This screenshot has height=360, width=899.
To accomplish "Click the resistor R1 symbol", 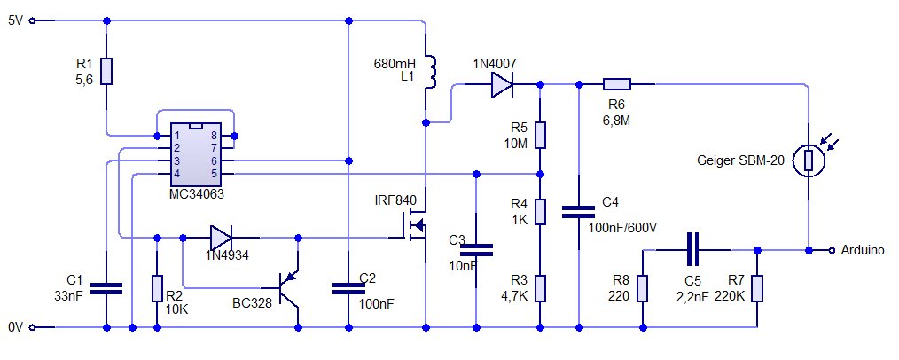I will click(x=106, y=71).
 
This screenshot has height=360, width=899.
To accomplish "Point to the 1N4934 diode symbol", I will click(x=222, y=238).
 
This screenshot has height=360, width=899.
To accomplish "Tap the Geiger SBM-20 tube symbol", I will click(x=809, y=160).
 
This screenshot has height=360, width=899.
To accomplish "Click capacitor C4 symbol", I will click(x=579, y=211).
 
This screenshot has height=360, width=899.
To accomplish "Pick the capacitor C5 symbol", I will click(x=694, y=250).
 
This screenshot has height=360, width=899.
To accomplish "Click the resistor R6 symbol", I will click(x=616, y=85).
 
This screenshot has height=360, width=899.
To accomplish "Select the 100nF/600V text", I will click(x=622, y=228).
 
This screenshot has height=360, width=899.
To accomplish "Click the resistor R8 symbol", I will click(x=641, y=288).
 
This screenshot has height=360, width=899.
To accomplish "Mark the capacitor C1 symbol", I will click(x=106, y=288).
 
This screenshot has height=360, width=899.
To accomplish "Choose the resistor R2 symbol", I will click(x=157, y=288).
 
